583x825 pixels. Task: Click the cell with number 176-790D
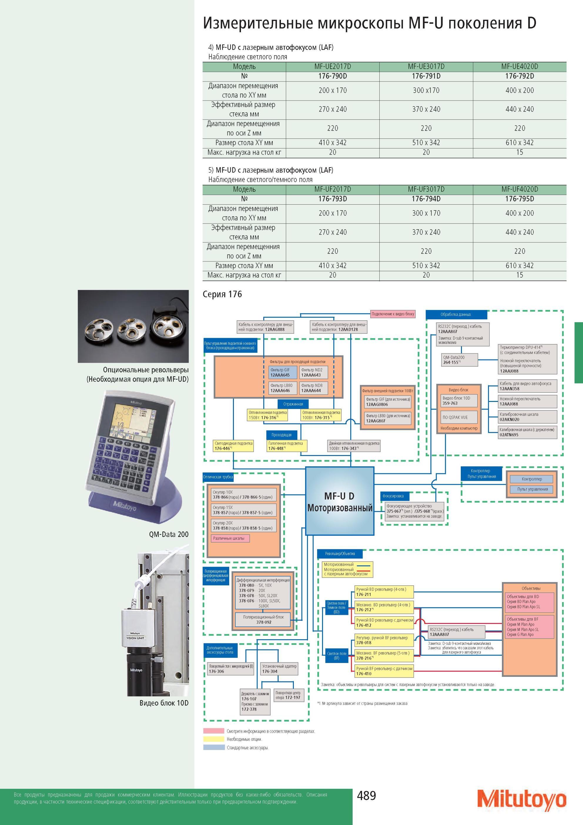[333, 76]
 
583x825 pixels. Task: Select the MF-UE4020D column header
[520, 66]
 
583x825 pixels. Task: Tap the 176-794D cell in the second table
[426, 199]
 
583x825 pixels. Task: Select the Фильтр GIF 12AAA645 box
[283, 373]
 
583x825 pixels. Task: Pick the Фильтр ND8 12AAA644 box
[314, 388]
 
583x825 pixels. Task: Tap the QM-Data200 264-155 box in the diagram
[460, 360]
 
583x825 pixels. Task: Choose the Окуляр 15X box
[244, 510]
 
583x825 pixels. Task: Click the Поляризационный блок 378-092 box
[263, 619]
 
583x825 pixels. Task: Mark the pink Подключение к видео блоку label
[393, 314]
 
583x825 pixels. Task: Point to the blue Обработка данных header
[456, 314]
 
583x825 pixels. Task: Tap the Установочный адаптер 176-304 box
[279, 669]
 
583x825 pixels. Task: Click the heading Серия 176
[222, 294]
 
